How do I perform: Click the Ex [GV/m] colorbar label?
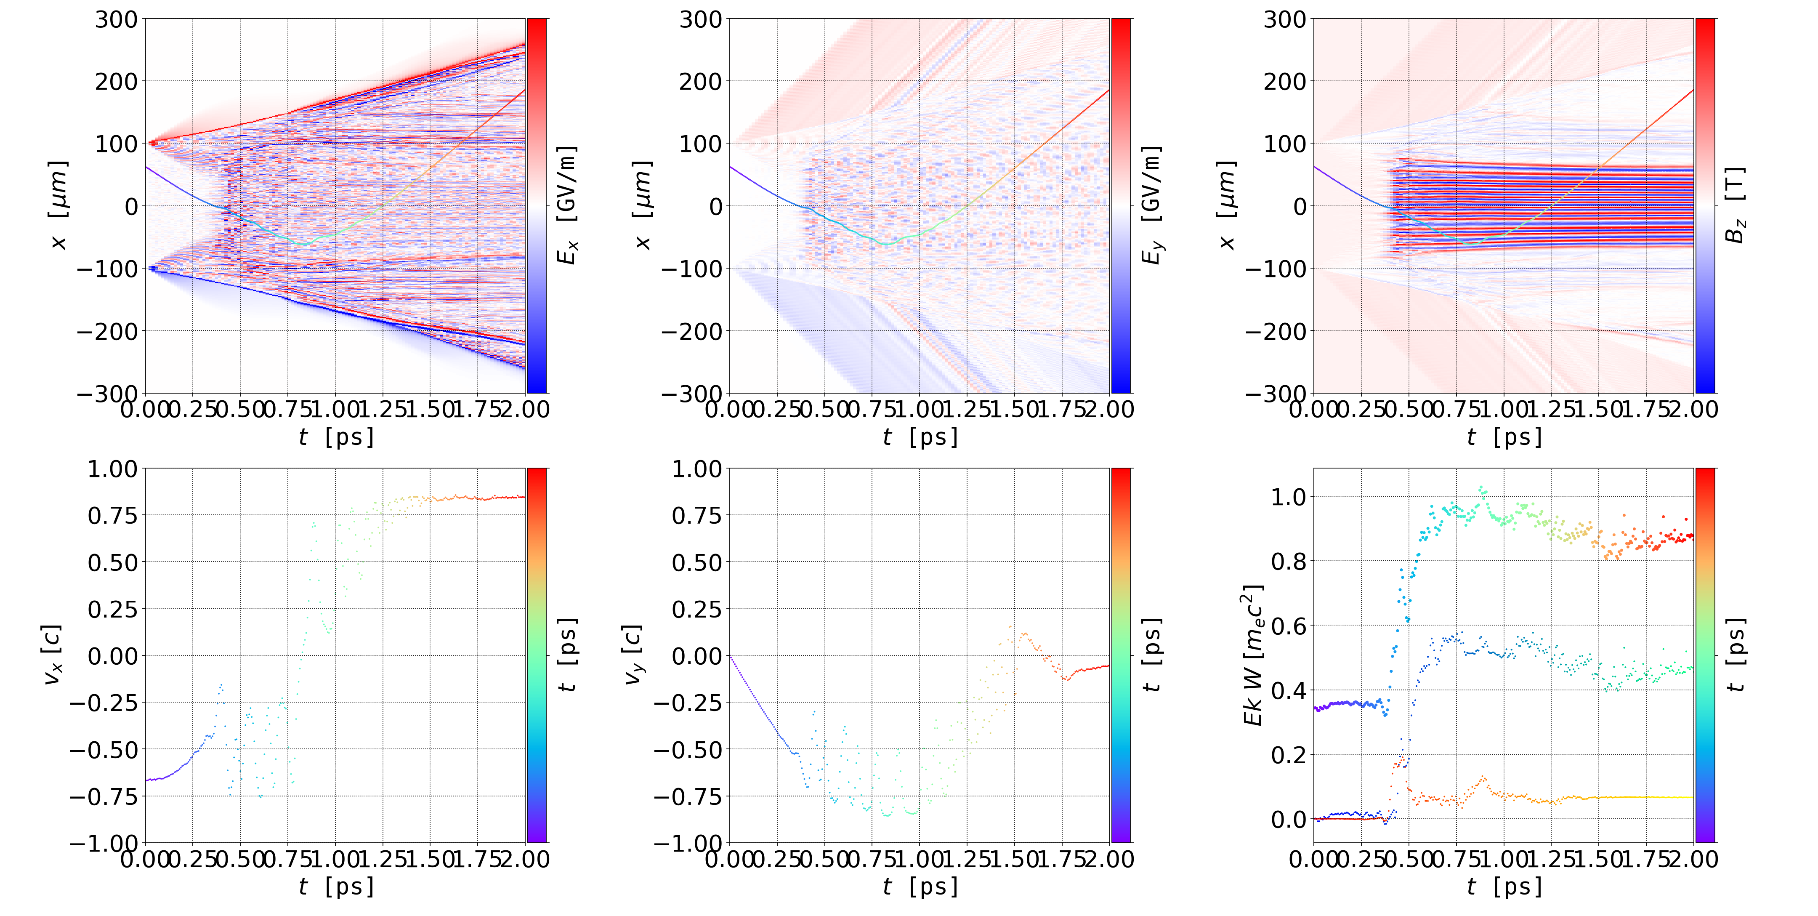coord(567,205)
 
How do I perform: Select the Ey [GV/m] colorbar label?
coord(1151,205)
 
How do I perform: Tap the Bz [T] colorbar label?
coord(1736,205)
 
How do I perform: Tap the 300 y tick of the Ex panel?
coord(117,19)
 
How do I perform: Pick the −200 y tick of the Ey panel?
coord(691,331)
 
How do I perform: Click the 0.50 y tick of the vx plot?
coord(112,562)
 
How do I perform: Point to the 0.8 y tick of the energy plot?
coord(1289,561)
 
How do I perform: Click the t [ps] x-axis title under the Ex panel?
coord(336,437)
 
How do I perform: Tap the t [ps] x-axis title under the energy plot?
coord(1504,887)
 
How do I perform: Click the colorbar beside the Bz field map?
coord(1705,205)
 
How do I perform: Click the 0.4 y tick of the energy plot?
coord(1289,690)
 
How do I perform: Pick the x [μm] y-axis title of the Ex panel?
coord(58,205)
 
